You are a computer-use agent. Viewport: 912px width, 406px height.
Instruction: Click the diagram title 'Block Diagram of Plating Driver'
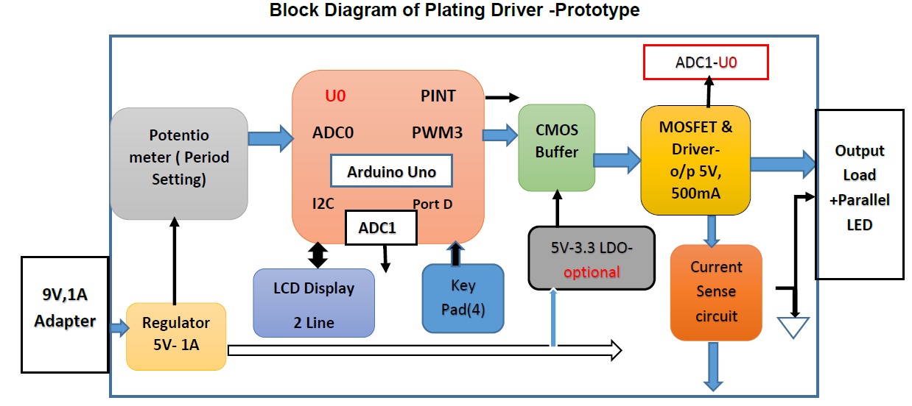(x=455, y=11)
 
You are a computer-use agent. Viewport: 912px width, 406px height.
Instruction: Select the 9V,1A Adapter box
(x=65, y=313)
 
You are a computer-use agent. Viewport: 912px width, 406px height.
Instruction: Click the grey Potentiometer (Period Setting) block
(x=179, y=163)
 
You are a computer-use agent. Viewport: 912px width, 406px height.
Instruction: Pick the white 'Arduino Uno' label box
(x=391, y=172)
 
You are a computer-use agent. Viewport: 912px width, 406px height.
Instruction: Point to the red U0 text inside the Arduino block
(x=335, y=96)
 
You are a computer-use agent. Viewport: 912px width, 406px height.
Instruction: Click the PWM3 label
(x=437, y=133)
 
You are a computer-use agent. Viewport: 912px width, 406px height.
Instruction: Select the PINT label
(x=438, y=96)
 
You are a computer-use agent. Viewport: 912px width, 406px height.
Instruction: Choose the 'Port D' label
(x=432, y=204)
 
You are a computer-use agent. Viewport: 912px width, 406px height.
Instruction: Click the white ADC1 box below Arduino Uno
(x=381, y=228)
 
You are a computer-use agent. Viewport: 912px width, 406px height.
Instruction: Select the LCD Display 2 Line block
(x=314, y=303)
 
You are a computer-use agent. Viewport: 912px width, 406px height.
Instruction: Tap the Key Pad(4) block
(x=463, y=297)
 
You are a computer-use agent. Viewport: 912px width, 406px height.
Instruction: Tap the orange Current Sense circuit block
(x=716, y=292)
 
